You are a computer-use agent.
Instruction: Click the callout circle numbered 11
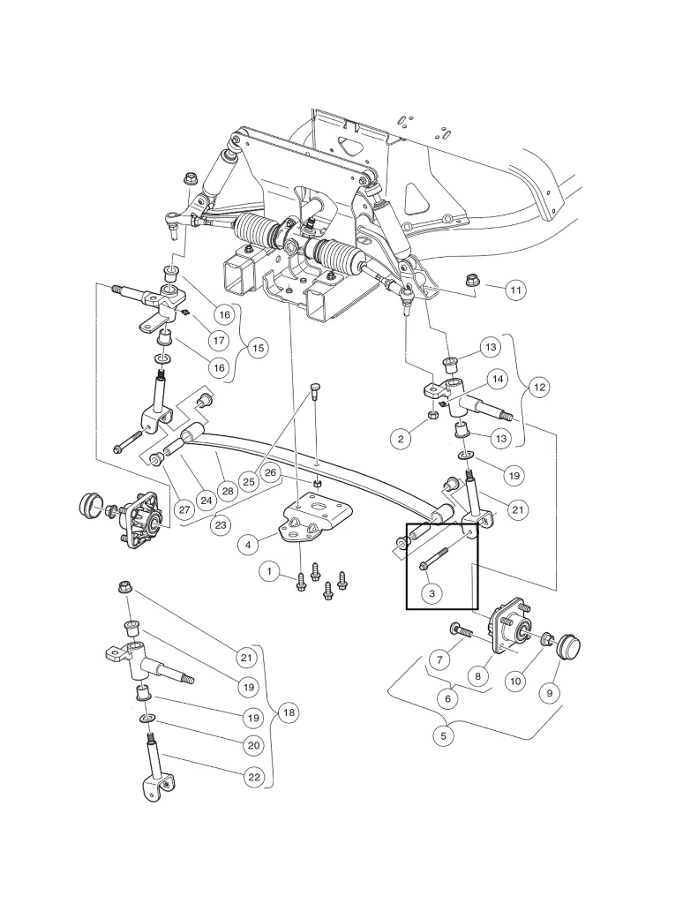pyautogui.click(x=515, y=289)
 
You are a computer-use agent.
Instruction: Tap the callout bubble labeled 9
pyautogui.click(x=549, y=694)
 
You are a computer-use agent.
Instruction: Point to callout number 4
pyautogui.click(x=249, y=545)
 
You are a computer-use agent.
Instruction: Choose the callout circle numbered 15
pyautogui.click(x=257, y=348)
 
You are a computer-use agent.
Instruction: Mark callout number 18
pyautogui.click(x=289, y=713)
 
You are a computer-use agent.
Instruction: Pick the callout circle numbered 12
pyautogui.click(x=539, y=387)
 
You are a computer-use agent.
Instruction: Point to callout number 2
pyautogui.click(x=402, y=438)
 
